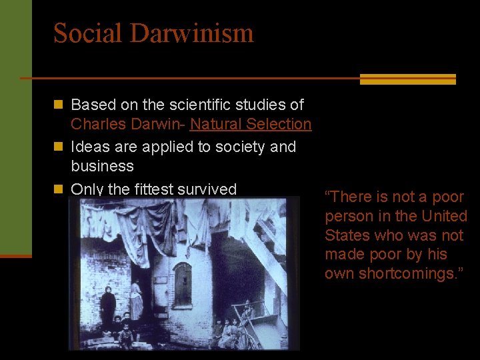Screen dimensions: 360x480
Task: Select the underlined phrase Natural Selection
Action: click(x=251, y=124)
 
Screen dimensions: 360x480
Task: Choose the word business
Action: click(x=102, y=165)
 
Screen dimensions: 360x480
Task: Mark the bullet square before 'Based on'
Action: click(x=58, y=105)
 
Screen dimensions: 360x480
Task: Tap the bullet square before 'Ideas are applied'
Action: click(x=58, y=146)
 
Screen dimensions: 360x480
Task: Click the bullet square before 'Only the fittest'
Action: click(x=58, y=189)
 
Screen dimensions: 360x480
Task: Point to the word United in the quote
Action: click(x=444, y=216)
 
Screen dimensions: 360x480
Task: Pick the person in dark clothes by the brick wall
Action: click(x=108, y=307)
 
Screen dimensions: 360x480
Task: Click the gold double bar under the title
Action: click(x=407, y=79)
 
